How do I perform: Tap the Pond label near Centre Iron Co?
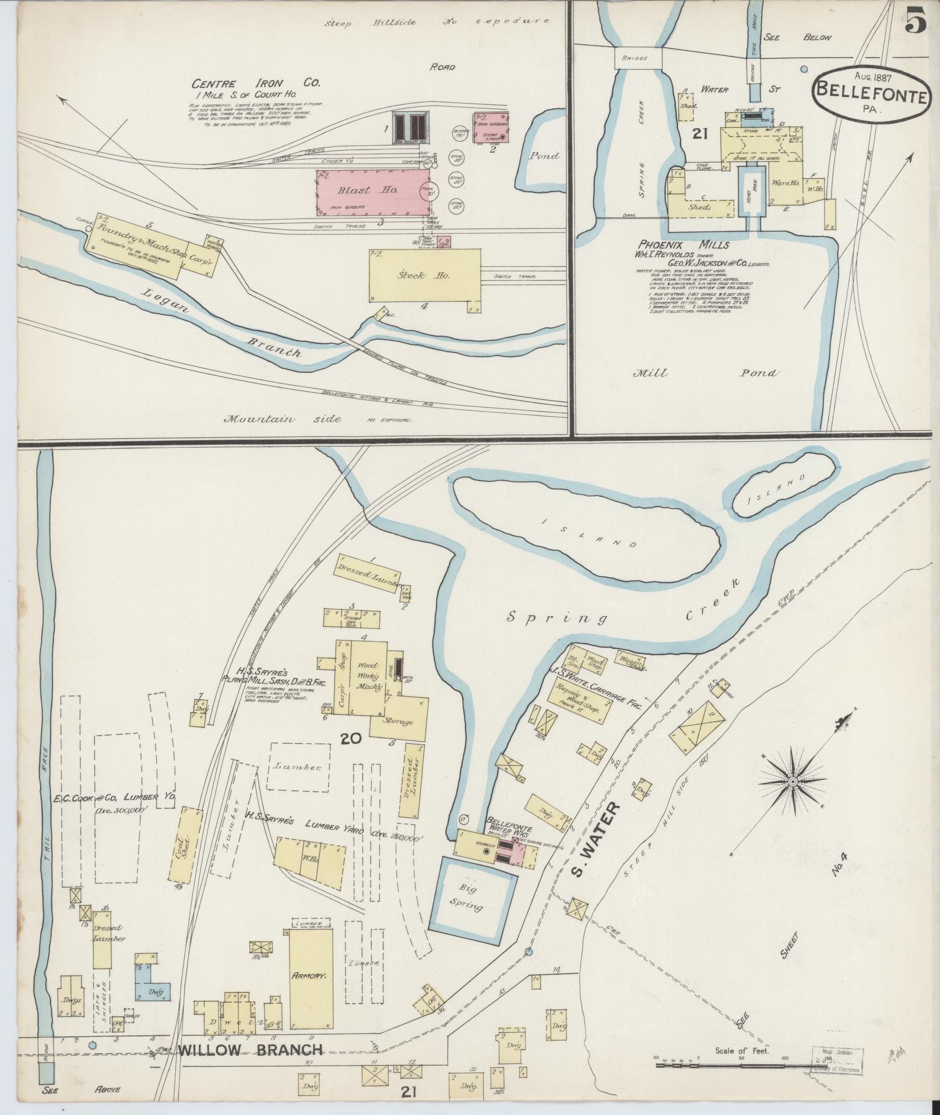click(x=544, y=156)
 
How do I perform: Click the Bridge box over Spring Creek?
click(x=638, y=59)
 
